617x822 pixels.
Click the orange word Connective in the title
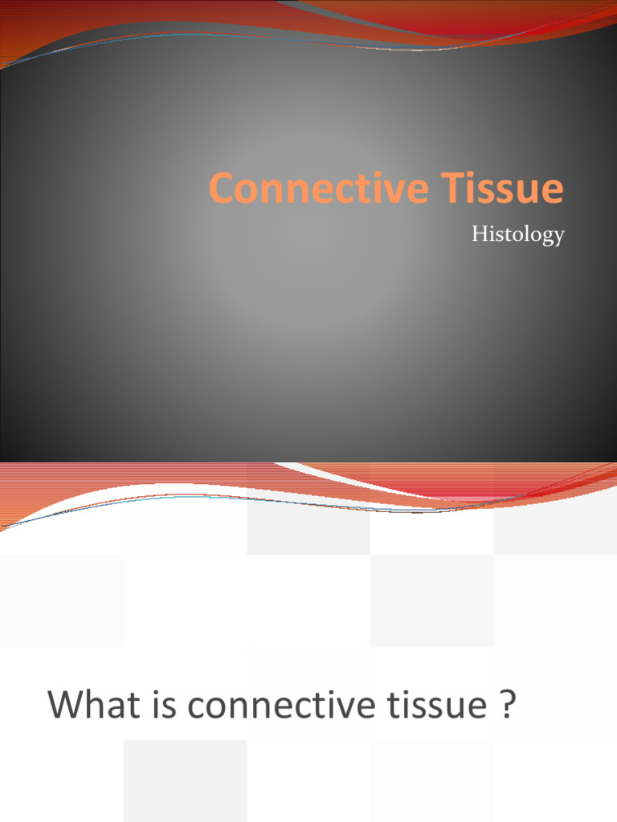tap(308, 189)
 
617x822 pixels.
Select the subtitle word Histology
tap(517, 234)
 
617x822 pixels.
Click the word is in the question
tap(163, 706)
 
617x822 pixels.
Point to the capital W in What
tap(67, 706)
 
